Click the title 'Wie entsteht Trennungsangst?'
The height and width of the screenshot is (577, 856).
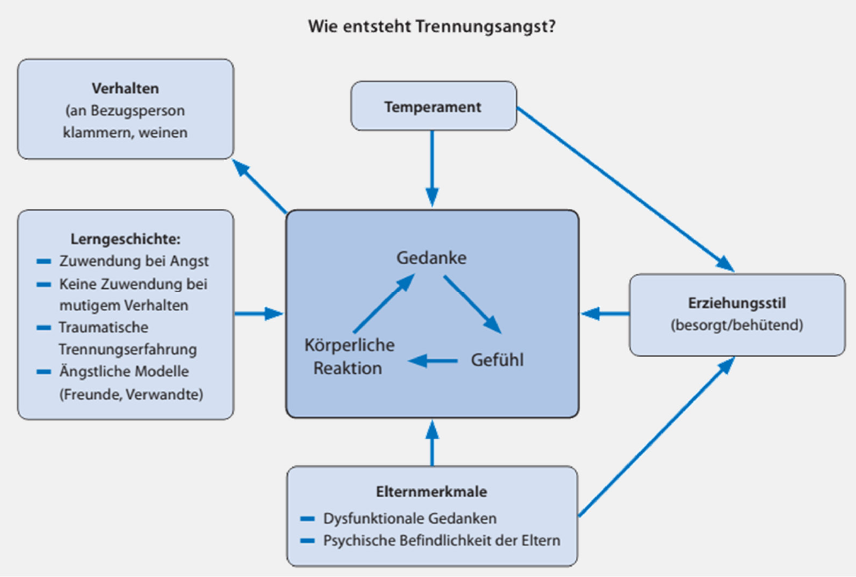click(432, 26)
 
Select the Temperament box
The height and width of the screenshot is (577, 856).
click(434, 106)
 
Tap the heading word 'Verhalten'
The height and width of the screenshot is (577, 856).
click(126, 89)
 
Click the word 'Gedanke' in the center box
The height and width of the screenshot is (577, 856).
click(431, 257)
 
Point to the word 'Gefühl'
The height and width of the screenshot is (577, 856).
click(498, 359)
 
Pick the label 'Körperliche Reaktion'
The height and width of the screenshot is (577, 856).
click(349, 356)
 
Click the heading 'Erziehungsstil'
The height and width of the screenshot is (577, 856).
click(737, 303)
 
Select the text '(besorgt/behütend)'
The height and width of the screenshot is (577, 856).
click(737, 325)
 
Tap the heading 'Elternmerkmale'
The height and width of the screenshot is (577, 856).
click(431, 492)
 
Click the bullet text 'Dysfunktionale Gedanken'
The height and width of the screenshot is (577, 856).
click(410, 518)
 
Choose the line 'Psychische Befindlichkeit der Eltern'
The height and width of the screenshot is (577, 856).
click(441, 541)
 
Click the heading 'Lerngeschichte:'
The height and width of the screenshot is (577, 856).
click(126, 239)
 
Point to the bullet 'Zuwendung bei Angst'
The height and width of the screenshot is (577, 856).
click(134, 261)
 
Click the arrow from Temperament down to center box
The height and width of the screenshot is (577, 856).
click(433, 169)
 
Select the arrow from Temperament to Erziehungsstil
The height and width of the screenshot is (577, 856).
click(626, 189)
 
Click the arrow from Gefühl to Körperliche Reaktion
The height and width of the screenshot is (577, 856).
click(433, 361)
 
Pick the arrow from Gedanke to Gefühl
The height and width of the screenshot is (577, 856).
click(473, 305)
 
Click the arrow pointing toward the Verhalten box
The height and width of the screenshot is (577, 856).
click(259, 186)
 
